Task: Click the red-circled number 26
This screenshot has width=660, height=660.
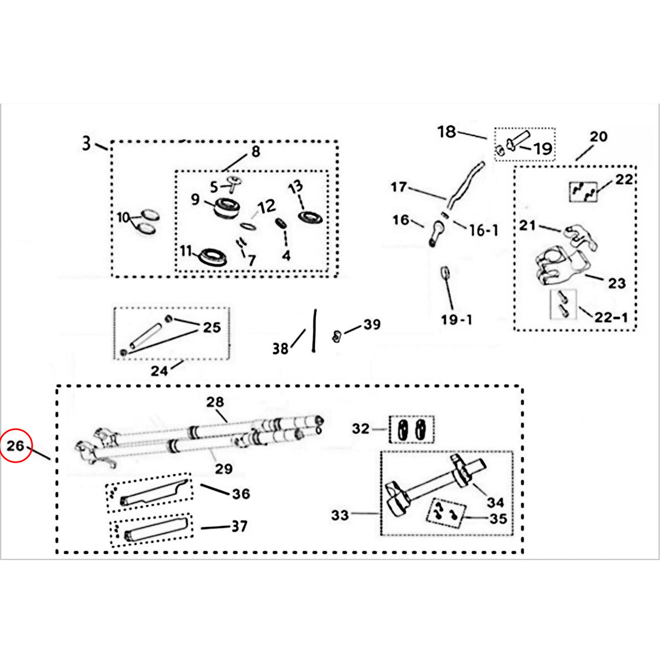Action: (x=16, y=447)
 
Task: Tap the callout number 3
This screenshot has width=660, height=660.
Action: (x=87, y=144)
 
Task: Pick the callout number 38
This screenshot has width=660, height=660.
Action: (x=280, y=349)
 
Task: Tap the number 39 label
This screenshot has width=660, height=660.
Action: (x=372, y=325)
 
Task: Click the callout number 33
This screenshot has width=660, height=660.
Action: (x=341, y=515)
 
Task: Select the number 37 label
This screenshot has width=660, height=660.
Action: (x=239, y=526)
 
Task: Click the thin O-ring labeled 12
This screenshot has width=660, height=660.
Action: (x=248, y=226)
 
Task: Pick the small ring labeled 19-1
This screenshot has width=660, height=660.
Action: (x=445, y=272)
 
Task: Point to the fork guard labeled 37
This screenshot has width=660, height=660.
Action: (x=156, y=530)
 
